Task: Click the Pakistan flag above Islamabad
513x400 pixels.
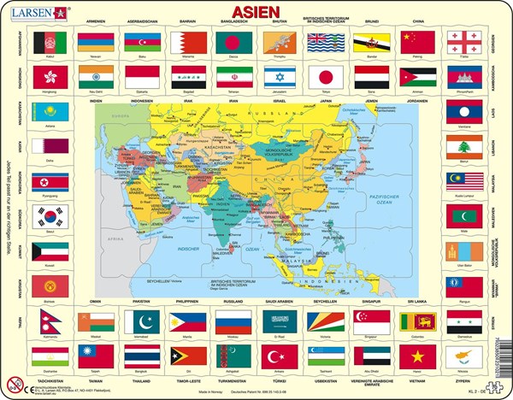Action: click(x=140, y=321)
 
